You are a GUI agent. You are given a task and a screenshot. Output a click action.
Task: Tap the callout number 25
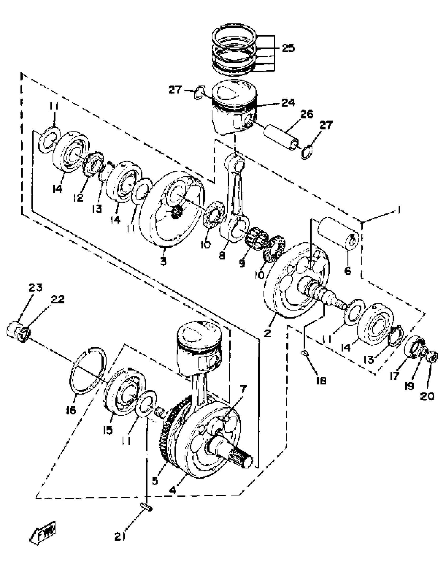coord(288,48)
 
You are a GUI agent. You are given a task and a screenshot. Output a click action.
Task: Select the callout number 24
coord(288,102)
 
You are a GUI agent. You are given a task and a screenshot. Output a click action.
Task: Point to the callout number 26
coord(306,114)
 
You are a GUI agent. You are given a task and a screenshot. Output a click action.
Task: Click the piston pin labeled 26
coord(282,137)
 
